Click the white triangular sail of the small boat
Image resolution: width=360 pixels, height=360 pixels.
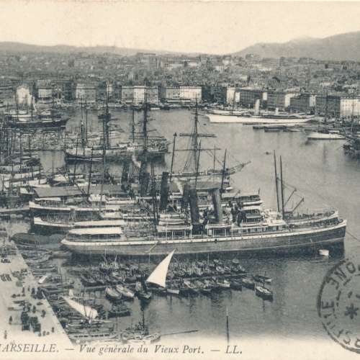tap(161, 271)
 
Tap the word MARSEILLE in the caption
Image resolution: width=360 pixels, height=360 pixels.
tap(28, 348)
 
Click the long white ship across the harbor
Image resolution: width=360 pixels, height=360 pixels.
tap(259, 119)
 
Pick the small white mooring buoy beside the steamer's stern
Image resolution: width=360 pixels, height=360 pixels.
tap(324, 253)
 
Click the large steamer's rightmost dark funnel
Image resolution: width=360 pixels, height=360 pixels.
tap(217, 206)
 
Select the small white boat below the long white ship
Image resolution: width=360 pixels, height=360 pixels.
tap(325, 135)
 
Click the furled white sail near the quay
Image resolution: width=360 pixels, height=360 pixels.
tap(81, 308)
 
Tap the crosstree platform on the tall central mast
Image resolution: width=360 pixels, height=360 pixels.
tap(197, 135)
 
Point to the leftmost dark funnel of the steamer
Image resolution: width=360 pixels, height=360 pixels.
tap(164, 191)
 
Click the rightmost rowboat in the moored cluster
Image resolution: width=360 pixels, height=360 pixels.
tap(264, 292)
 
